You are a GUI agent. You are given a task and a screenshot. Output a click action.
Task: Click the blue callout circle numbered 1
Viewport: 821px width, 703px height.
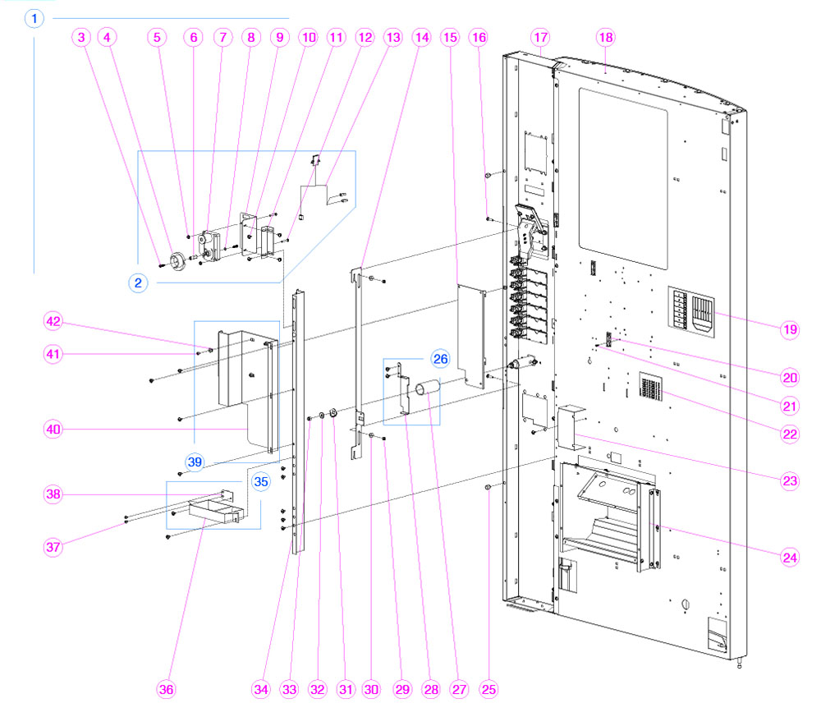[34, 17]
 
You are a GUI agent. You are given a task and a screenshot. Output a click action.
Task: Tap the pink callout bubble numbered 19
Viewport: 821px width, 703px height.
[790, 329]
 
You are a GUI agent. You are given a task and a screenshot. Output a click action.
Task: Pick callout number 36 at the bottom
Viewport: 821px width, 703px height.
[166, 688]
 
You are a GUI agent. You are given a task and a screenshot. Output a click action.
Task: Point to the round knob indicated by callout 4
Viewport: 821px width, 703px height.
[177, 260]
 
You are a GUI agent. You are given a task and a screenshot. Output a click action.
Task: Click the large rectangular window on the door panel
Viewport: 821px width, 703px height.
[622, 168]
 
